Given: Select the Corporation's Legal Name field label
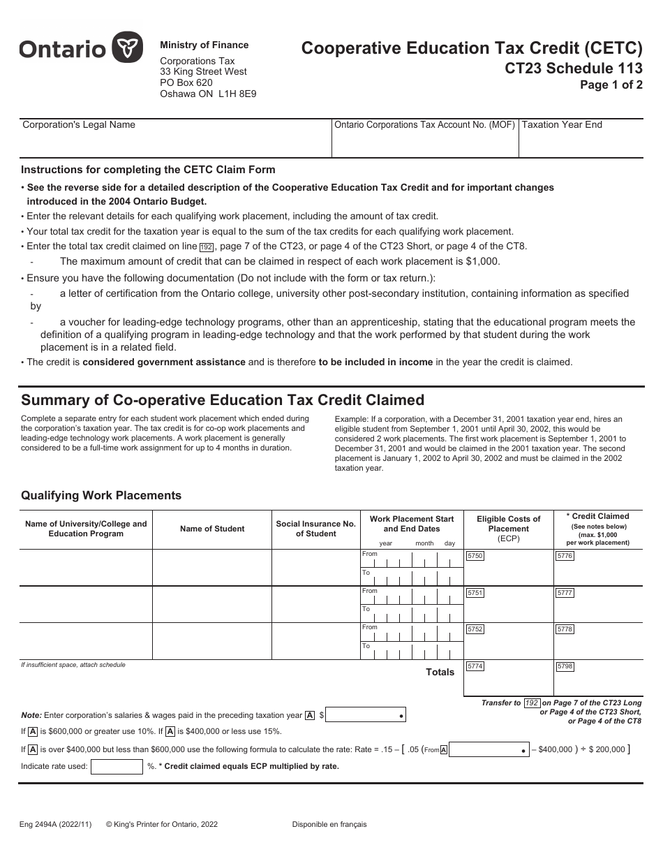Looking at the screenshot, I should (79, 125).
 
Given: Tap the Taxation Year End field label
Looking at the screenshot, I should (562, 125).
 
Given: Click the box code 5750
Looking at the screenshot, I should (475, 556).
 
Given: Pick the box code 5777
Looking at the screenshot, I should (565, 593).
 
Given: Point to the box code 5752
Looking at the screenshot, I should (475, 629).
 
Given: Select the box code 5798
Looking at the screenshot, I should (565, 666).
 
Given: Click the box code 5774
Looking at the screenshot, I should (475, 666).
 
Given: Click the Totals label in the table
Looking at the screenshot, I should (440, 672).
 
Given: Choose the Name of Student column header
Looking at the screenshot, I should (212, 529).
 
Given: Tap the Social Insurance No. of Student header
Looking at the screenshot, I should (315, 529).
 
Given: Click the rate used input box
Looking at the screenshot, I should (117, 766).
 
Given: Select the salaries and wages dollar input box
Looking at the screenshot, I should (366, 715).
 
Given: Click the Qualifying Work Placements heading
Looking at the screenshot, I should (101, 495).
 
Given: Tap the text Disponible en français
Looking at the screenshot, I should (329, 824).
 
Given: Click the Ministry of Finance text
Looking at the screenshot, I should (204, 45).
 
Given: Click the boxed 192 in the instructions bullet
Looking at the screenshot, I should (206, 247).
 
